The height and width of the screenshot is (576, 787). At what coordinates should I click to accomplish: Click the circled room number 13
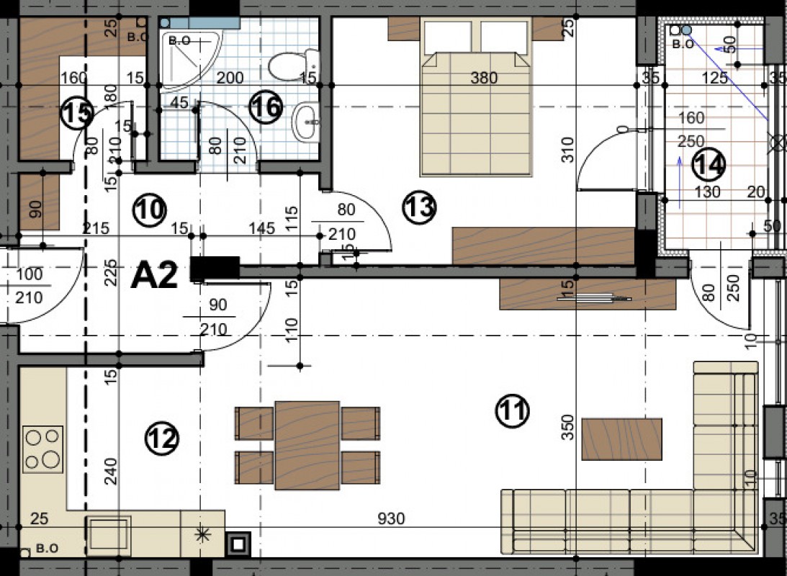click(419, 207)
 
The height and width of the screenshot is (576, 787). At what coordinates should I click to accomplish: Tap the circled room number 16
click(266, 108)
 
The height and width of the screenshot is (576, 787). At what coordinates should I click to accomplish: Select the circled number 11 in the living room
click(512, 411)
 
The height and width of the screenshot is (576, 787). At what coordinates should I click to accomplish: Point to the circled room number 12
click(161, 439)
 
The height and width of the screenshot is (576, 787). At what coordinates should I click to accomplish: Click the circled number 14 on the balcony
click(709, 165)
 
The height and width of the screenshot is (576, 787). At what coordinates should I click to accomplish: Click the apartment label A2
click(154, 276)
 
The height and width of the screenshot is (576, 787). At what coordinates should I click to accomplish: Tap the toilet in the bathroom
click(293, 66)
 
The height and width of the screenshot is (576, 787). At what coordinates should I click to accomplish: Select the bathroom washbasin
click(305, 122)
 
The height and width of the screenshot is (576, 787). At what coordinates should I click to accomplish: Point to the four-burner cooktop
click(42, 449)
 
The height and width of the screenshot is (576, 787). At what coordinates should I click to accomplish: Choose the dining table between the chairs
click(307, 445)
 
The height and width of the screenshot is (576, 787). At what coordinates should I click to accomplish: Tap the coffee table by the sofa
click(622, 439)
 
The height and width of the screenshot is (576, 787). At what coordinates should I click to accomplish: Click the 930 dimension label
click(391, 518)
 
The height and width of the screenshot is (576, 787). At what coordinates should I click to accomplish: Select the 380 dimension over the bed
click(484, 78)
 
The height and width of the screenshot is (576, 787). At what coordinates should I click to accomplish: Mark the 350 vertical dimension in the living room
click(567, 427)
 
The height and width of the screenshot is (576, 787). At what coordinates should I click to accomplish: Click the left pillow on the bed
click(448, 37)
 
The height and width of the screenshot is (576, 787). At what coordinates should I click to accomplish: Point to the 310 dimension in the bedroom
click(567, 150)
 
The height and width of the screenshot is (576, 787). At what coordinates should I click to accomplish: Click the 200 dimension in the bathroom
click(230, 78)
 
